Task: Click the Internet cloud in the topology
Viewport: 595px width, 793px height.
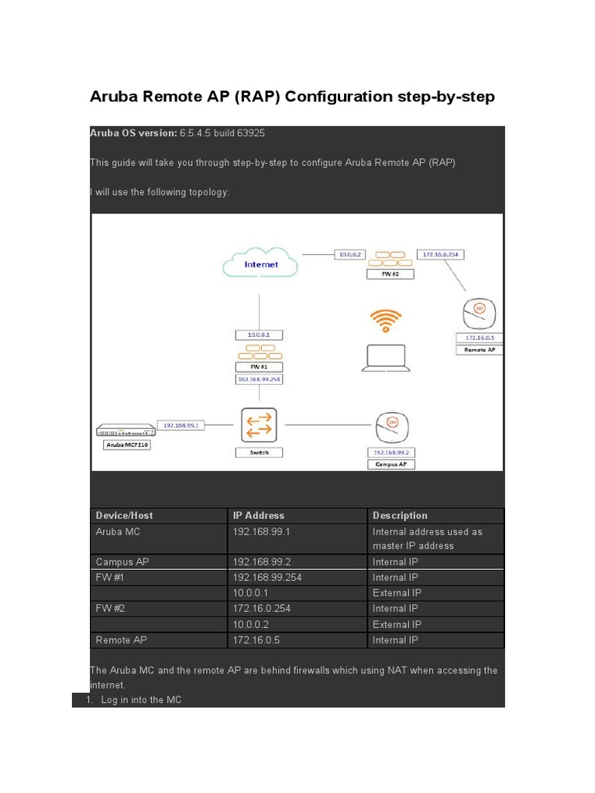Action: click(260, 264)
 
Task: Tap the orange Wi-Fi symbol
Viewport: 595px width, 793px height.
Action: click(386, 319)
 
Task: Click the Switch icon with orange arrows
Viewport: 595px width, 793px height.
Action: click(259, 425)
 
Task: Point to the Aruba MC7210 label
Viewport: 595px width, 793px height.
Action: click(126, 445)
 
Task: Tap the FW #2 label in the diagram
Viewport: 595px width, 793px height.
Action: click(390, 274)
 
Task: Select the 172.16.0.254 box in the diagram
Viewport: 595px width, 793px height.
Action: click(441, 254)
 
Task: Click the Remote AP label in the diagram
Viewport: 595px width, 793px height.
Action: click(480, 350)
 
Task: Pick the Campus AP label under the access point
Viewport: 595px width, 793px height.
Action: click(391, 465)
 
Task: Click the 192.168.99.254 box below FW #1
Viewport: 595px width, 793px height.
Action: click(260, 379)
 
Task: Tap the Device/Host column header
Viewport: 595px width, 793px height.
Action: click(125, 516)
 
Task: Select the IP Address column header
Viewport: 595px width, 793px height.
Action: click(259, 516)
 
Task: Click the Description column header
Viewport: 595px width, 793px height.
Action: click(400, 516)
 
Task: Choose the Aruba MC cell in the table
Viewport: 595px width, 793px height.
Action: click(119, 532)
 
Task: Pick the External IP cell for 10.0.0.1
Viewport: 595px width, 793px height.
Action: click(397, 593)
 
